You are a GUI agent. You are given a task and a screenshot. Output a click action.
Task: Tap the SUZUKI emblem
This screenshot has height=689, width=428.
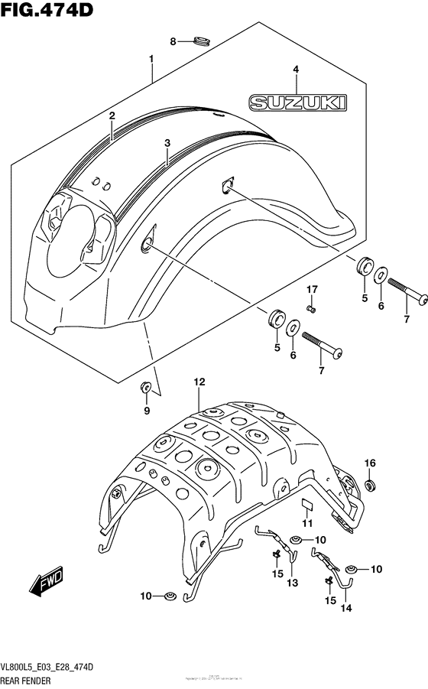click(296, 102)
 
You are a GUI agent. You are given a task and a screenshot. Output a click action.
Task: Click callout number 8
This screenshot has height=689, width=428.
click(173, 41)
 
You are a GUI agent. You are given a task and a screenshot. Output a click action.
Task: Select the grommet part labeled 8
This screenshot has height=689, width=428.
click(203, 40)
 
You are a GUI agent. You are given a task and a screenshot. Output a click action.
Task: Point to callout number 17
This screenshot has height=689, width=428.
click(311, 289)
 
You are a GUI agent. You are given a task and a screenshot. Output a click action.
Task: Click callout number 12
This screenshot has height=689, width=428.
click(199, 382)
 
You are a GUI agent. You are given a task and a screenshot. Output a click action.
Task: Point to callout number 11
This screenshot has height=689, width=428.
click(307, 523)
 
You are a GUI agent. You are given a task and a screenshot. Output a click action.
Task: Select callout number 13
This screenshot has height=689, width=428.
click(292, 583)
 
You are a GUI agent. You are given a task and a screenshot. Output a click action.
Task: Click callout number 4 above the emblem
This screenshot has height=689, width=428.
click(295, 69)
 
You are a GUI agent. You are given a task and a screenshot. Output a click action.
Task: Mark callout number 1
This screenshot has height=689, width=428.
click(151, 59)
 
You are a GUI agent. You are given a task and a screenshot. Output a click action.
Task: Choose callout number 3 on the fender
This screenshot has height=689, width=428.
click(167, 142)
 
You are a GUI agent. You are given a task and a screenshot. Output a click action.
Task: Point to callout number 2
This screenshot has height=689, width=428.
click(112, 115)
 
